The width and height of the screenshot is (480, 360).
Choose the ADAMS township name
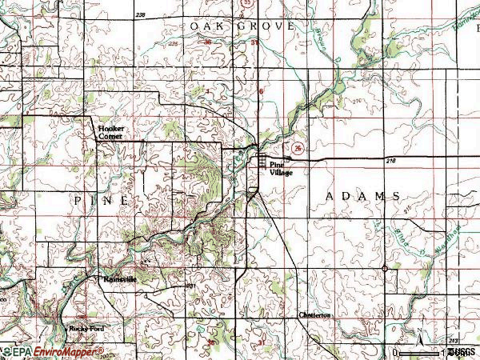click(363, 196)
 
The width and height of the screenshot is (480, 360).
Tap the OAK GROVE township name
click(242, 26)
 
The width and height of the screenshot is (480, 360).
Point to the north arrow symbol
click(418, 330)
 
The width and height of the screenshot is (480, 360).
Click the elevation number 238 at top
click(142, 15)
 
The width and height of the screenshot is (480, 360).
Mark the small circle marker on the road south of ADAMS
click(385, 268)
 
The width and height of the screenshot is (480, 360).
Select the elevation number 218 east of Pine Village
click(390, 162)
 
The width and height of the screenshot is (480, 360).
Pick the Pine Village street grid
click(263, 162)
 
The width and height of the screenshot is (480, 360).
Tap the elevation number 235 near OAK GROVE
click(174, 45)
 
